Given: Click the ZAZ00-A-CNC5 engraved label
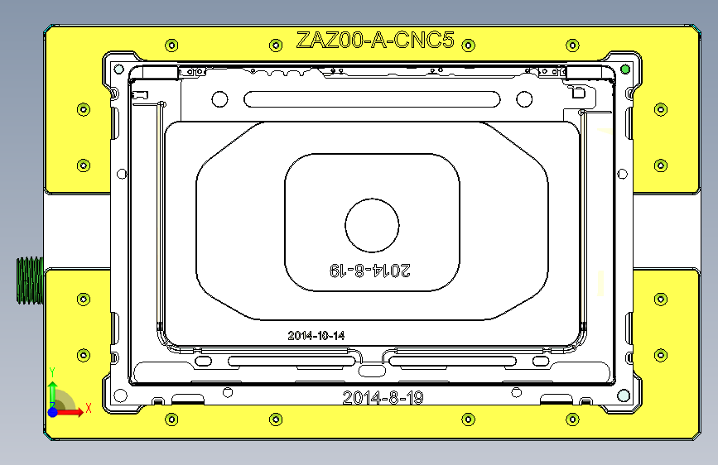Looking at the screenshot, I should coord(375,40).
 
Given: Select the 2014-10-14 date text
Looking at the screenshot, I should coord(316,336).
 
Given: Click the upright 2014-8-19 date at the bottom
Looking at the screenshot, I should coord(383,397).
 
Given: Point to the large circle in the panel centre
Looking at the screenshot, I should coord(372,225).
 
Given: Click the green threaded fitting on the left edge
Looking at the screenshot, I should coord(29,280).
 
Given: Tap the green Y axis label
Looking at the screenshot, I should coord(52,372).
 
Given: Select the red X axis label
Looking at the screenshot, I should coord(88,407).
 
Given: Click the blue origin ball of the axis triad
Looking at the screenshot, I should coord(53,411).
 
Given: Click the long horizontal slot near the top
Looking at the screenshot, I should coord(372,99).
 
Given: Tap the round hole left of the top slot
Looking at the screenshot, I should coord(219,99).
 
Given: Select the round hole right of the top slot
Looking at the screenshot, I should coord(523,99).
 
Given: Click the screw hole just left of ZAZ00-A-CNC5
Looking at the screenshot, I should coord(275,45).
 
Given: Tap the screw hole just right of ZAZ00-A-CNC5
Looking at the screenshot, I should coord(468,45).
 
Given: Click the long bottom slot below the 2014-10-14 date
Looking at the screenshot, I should coord(288,361).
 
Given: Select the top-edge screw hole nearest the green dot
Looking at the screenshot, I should coord(572,45).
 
